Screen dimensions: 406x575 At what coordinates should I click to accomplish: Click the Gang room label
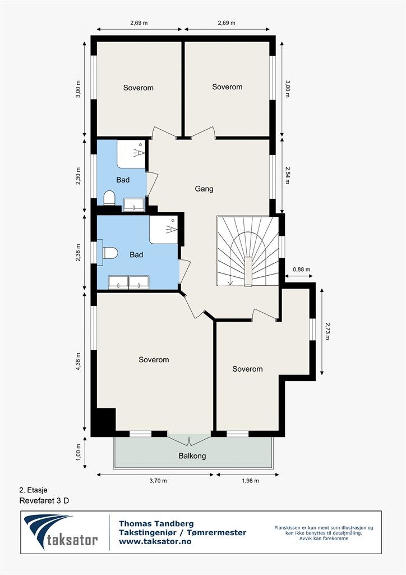[x=204, y=189]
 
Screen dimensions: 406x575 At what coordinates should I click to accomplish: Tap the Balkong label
[x=192, y=456]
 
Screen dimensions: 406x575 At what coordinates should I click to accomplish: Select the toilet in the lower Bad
[x=110, y=253]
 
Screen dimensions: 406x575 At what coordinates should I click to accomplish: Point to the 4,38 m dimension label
[x=77, y=362]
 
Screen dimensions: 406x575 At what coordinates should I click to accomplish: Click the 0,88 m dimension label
[x=301, y=270]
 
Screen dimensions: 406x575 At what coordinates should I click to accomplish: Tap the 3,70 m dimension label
[x=158, y=481]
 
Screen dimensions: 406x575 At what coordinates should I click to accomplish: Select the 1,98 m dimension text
[x=250, y=481]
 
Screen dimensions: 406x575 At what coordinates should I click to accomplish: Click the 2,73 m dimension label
[x=327, y=331]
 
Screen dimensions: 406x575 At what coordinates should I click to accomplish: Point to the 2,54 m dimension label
[x=287, y=175]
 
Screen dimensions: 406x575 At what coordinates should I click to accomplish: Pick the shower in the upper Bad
[x=131, y=154]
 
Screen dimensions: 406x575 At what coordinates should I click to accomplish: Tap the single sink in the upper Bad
[x=133, y=204]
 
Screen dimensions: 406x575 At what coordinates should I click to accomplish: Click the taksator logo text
[x=72, y=540]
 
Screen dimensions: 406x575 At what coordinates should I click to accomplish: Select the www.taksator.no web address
[x=155, y=541]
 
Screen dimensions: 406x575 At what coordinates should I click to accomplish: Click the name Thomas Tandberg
[x=156, y=524]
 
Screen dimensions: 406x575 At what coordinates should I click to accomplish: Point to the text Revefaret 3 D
[x=44, y=500]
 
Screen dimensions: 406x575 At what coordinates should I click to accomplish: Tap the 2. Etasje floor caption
[x=33, y=490]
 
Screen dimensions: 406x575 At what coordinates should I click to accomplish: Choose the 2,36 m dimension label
[x=77, y=252]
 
